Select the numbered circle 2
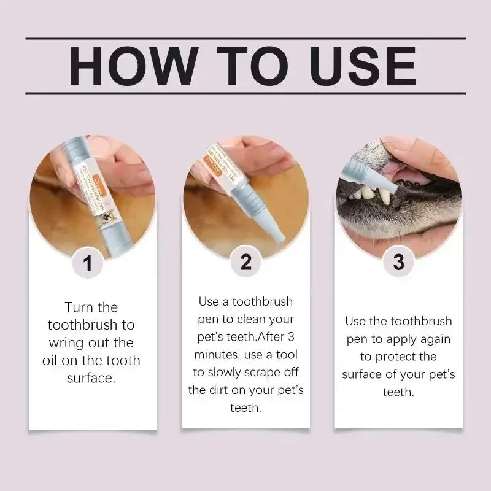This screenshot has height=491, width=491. pyautogui.click(x=245, y=263)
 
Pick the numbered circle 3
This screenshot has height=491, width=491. pyautogui.click(x=398, y=263)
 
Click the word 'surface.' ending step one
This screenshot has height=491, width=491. pyautogui.click(x=91, y=378)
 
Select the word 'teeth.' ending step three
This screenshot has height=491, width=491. pyautogui.click(x=398, y=392)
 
